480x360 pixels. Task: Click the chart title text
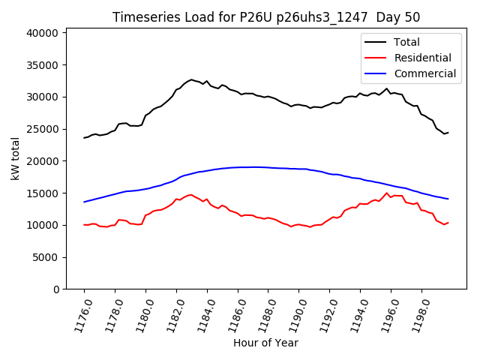(266, 17)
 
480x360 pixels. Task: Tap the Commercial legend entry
(424, 73)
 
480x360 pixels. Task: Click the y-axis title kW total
(15, 158)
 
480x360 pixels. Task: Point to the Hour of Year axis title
(265, 343)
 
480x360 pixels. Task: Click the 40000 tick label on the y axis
(42, 33)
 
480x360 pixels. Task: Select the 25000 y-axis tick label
(42, 129)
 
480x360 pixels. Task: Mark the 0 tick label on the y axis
(55, 289)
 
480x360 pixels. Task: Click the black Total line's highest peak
(191, 79)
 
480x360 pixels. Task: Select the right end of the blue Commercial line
(448, 199)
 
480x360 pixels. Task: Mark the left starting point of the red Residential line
(84, 224)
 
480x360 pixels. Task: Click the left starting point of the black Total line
(84, 138)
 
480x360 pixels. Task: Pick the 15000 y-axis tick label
(42, 193)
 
